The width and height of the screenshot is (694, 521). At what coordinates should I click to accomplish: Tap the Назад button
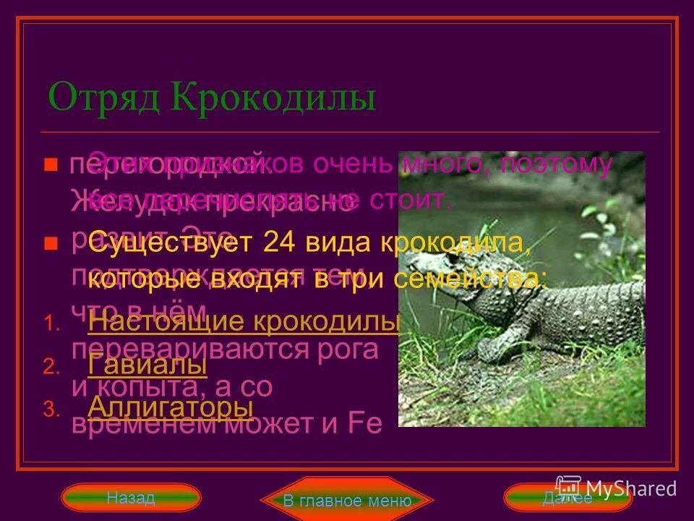pyautogui.click(x=130, y=498)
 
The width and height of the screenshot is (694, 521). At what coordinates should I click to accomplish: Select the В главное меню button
pyautogui.click(x=347, y=500)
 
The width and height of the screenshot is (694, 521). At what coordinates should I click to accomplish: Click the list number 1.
pyautogui.click(x=48, y=325)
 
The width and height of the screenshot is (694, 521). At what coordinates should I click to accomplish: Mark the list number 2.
pyautogui.click(x=48, y=368)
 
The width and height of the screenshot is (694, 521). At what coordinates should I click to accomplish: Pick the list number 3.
pyautogui.click(x=48, y=410)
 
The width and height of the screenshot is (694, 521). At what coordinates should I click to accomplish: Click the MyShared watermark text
pyautogui.click(x=631, y=489)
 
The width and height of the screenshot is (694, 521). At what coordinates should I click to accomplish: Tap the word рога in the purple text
pyautogui.click(x=351, y=349)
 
